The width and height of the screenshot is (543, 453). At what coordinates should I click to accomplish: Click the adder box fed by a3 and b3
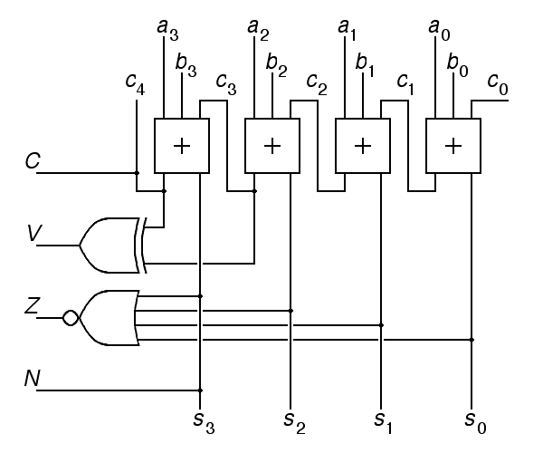click(x=182, y=145)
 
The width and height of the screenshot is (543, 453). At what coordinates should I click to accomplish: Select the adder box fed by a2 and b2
click(x=272, y=145)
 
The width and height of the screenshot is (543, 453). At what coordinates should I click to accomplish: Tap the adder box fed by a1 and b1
click(x=363, y=145)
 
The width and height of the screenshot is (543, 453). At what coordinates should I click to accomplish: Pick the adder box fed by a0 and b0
click(x=453, y=145)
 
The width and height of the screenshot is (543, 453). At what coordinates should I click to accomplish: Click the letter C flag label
click(x=33, y=162)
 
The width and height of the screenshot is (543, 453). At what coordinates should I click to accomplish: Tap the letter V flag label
click(x=33, y=236)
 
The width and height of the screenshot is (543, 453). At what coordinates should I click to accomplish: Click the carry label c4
click(x=137, y=84)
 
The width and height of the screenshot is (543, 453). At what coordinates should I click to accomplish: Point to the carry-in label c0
click(x=498, y=84)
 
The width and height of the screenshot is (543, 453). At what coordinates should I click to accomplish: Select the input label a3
click(x=168, y=30)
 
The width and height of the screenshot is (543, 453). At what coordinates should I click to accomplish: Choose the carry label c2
click(x=318, y=84)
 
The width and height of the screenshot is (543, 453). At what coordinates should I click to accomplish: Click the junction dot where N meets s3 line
click(x=200, y=390)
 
